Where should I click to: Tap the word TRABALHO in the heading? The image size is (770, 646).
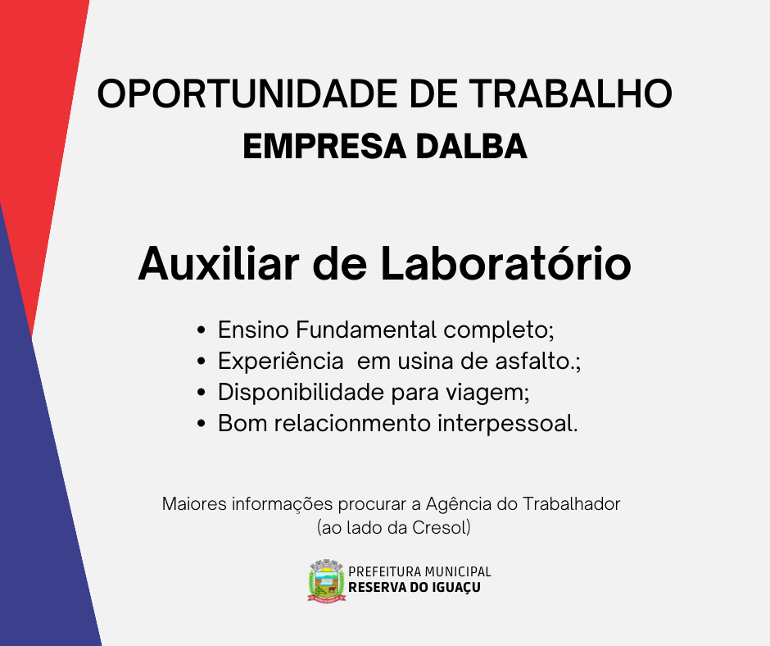(570, 94)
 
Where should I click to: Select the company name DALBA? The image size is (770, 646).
(472, 147)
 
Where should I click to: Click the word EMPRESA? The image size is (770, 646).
(324, 147)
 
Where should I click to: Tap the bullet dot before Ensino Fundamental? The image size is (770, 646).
(201, 330)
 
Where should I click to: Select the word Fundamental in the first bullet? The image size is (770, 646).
(366, 330)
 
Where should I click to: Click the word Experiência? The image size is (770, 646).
(280, 362)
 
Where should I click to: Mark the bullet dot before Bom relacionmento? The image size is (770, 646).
(201, 423)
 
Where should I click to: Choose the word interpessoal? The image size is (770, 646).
(505, 424)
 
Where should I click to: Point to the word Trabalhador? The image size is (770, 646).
(571, 504)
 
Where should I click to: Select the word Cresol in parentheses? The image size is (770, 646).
(439, 527)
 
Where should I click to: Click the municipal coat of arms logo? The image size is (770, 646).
(327, 580)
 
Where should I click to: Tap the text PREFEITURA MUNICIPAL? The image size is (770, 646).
(419, 571)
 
